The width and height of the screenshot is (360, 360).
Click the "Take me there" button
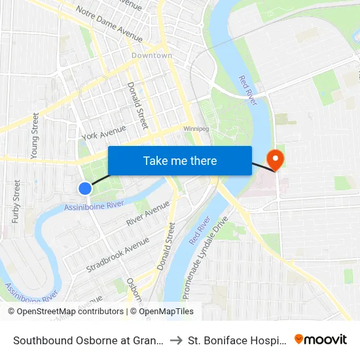click(180, 160)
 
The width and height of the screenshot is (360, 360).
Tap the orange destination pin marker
click(274, 158)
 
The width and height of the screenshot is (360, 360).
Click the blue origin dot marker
click(85, 189)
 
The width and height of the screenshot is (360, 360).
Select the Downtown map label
click(152, 56)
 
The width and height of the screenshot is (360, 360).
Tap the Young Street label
click(35, 135)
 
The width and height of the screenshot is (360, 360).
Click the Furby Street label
click(17, 201)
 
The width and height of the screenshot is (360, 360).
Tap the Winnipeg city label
click(196, 129)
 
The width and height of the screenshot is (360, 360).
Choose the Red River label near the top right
click(248, 90)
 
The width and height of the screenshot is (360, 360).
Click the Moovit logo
click(321, 340)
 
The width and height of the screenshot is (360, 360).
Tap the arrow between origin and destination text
click(177, 340)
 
